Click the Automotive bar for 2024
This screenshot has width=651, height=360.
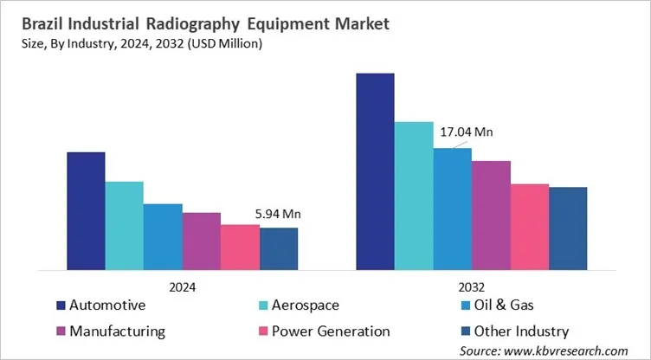click(x=86, y=210)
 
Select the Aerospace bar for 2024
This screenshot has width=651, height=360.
click(x=124, y=225)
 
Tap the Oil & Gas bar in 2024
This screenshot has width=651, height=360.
click(x=163, y=236)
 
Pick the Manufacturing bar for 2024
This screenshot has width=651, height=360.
click(x=201, y=241)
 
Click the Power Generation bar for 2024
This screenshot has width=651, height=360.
click(x=240, y=247)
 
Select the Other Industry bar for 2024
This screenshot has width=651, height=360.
click(x=278, y=248)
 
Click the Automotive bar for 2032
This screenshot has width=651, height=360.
click(x=375, y=170)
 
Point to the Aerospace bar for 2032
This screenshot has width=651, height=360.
click(x=414, y=195)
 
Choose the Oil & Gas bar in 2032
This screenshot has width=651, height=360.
click(x=452, y=208)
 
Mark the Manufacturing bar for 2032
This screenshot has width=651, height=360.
click(x=491, y=215)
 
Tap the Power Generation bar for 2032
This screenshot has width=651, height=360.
click(x=529, y=226)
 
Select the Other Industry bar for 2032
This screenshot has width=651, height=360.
click(x=568, y=228)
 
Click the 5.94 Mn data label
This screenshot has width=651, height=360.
click(x=278, y=214)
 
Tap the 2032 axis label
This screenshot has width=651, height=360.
click(x=472, y=286)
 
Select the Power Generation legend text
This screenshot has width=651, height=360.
click(x=331, y=331)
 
